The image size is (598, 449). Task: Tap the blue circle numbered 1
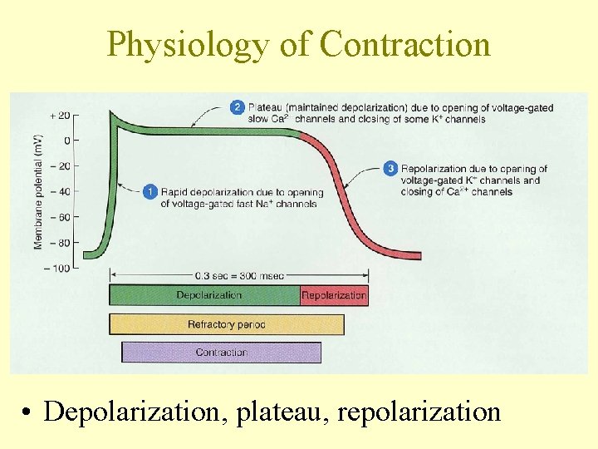(x=149, y=192)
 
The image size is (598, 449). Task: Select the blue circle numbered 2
(x=238, y=107)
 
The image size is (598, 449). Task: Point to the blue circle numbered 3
(x=390, y=170)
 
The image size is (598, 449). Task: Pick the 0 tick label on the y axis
(x=66, y=140)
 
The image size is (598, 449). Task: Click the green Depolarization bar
(x=204, y=295)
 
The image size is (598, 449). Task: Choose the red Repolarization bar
(x=334, y=295)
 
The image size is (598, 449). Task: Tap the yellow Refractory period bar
(x=226, y=324)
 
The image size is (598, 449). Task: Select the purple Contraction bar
(x=221, y=353)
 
